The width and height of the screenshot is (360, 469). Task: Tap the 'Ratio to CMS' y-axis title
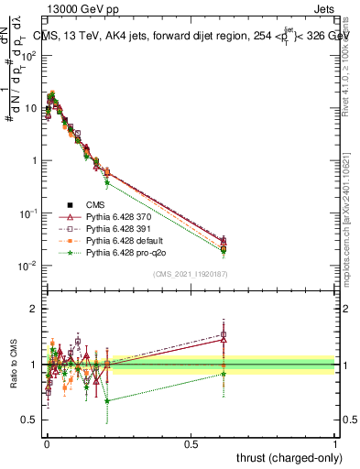coord(12,364)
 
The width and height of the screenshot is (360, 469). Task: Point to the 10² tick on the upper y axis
coord(29,55)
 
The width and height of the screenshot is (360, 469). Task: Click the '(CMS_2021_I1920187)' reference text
coord(191,274)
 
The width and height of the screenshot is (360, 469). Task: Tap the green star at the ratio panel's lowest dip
coord(107,400)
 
